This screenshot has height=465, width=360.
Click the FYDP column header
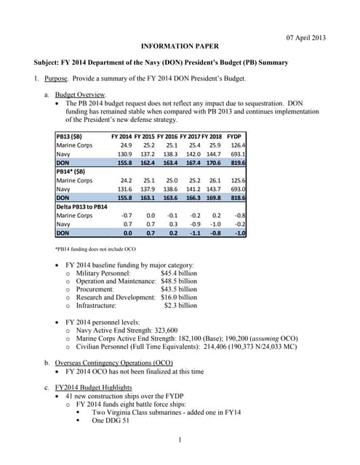pos(235,137)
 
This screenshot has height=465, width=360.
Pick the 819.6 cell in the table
pos(237,163)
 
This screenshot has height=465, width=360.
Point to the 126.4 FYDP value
pos(237,145)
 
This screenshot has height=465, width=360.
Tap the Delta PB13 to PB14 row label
pos(84,206)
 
